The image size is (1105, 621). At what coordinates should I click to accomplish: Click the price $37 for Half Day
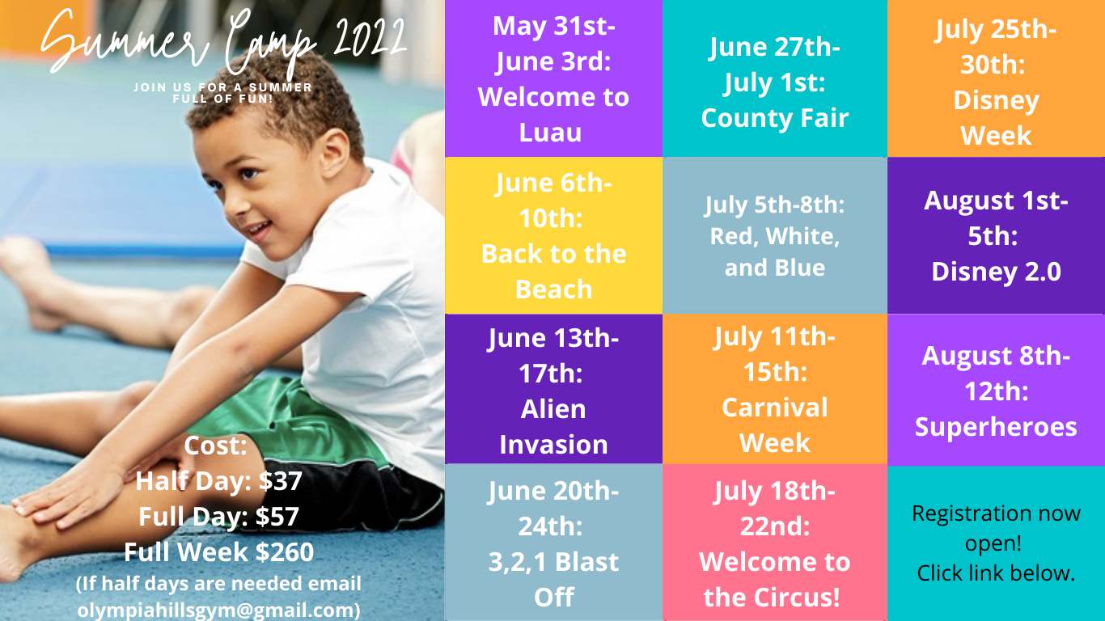(280, 480)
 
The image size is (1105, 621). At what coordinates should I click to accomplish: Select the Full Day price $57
(277, 516)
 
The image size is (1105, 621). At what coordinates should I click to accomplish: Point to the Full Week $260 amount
(284, 551)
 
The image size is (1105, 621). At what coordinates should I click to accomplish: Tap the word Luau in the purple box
(551, 132)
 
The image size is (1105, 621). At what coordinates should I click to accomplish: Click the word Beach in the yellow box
(553, 289)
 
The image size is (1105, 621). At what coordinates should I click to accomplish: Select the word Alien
(553, 409)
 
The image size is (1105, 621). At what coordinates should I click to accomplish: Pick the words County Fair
(774, 118)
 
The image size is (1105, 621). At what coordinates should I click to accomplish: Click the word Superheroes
(996, 427)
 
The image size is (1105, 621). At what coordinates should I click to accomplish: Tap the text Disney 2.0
(996, 272)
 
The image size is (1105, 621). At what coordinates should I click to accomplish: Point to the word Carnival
(774, 408)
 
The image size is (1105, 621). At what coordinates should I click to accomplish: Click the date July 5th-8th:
(774, 205)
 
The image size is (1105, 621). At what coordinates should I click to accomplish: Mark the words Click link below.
(996, 573)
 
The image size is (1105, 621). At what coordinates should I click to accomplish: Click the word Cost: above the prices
(215, 446)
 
